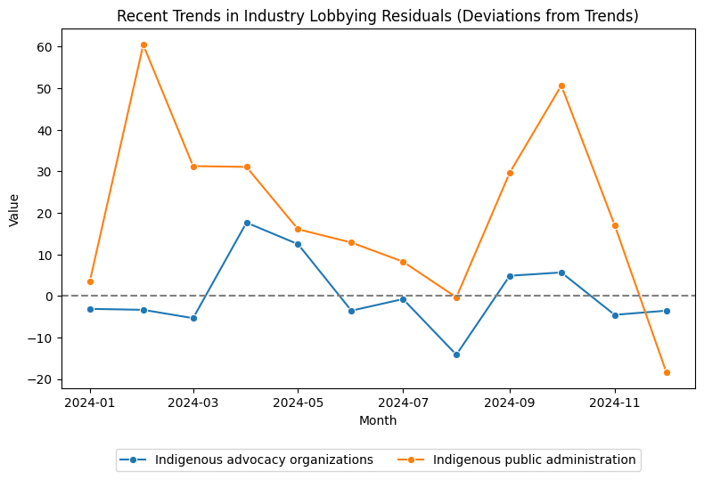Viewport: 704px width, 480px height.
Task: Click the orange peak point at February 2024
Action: tap(143, 45)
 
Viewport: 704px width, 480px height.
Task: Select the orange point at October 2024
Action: tap(561, 85)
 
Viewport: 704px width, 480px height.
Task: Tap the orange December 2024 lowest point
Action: tap(667, 372)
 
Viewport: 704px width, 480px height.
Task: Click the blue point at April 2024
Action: tap(247, 223)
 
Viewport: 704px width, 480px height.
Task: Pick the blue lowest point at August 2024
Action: tap(456, 354)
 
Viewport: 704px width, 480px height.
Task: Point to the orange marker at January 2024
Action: tap(90, 281)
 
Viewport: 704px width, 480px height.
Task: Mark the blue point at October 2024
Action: tap(561, 273)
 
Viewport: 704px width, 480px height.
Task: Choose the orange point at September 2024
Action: tap(510, 173)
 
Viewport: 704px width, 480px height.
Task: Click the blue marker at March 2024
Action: tap(193, 318)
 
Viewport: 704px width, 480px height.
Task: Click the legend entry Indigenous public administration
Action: tap(534, 460)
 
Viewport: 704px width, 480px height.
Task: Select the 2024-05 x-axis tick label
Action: tap(298, 403)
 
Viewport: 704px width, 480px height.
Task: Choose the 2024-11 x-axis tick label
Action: tap(615, 403)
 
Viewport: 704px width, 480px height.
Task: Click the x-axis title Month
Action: tap(378, 420)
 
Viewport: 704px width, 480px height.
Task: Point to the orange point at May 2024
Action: tap(298, 230)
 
